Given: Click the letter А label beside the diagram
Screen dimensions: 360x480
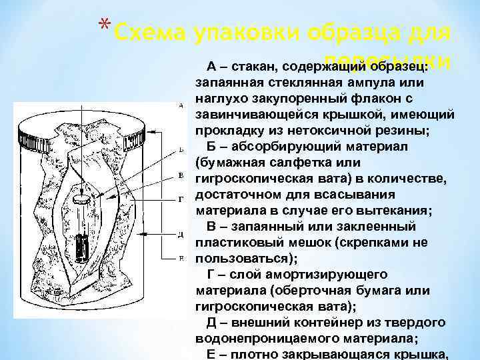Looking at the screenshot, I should pyautogui.click(x=182, y=105).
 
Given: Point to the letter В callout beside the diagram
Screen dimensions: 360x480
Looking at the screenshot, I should pyautogui.click(x=182, y=175).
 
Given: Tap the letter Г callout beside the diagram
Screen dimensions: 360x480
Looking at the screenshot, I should pyautogui.click(x=182, y=199).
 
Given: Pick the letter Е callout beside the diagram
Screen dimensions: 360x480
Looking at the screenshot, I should pyautogui.click(x=182, y=257).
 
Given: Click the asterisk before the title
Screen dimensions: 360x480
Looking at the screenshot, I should pyautogui.click(x=104, y=25).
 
